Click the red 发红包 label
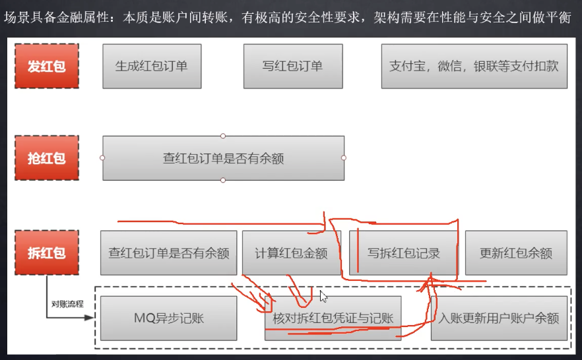[x=46, y=66]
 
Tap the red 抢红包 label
[x=46, y=158]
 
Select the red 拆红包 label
[x=46, y=253]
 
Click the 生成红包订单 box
[x=152, y=66]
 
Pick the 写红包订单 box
[x=292, y=66]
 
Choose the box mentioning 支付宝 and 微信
[x=474, y=66]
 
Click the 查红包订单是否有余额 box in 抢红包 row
[x=223, y=158]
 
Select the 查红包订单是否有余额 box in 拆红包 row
[x=168, y=253]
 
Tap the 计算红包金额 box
[x=291, y=253]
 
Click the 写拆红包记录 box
[x=403, y=253]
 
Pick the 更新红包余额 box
[x=516, y=253]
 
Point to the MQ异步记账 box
[x=168, y=318]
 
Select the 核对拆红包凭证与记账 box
[x=333, y=318]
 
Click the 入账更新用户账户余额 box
[x=499, y=318]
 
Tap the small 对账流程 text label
[x=67, y=305]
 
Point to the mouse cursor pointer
[x=323, y=296]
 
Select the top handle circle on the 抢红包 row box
[x=223, y=136]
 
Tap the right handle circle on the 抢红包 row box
[x=344, y=158]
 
